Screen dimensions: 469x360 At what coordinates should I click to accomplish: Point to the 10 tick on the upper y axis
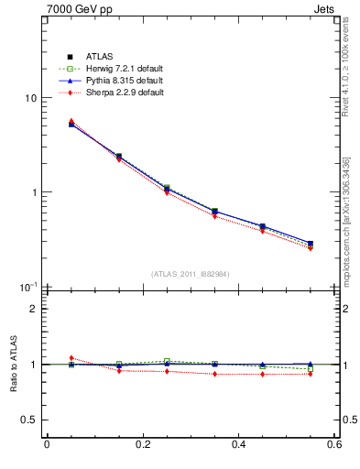tap(29, 98)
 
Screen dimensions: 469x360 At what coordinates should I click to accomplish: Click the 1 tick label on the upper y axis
tap(33, 192)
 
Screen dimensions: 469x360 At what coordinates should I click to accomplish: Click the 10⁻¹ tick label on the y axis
tap(27, 287)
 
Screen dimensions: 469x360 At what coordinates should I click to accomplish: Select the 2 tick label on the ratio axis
tap(33, 309)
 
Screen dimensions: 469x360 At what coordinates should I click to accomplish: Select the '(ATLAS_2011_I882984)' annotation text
tap(190, 274)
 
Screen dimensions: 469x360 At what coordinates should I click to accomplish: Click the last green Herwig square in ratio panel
tap(311, 369)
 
